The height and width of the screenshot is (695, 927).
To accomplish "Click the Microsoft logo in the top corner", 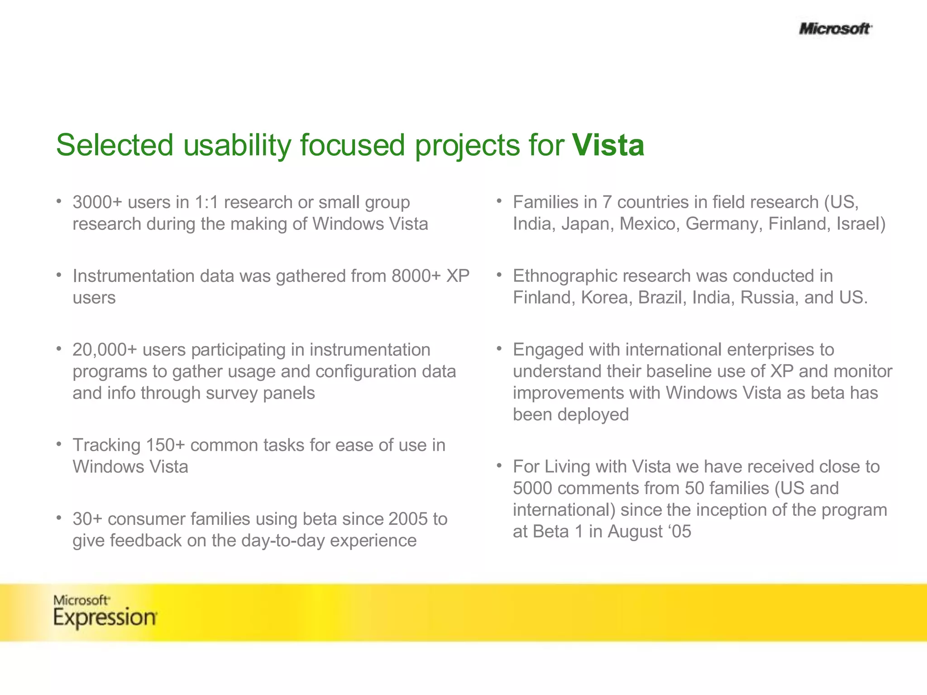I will [x=835, y=29].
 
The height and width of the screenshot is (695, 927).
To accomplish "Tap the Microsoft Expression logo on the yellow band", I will [x=105, y=611].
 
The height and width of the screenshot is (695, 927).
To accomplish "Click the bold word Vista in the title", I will [x=608, y=145].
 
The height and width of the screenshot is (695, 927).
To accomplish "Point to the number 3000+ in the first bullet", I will [x=97, y=202].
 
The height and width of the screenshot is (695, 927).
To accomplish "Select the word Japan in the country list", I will [x=587, y=224].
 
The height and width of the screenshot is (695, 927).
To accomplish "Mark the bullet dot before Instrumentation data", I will [x=59, y=275].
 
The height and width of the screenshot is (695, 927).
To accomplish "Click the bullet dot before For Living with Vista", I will [x=499, y=465].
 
